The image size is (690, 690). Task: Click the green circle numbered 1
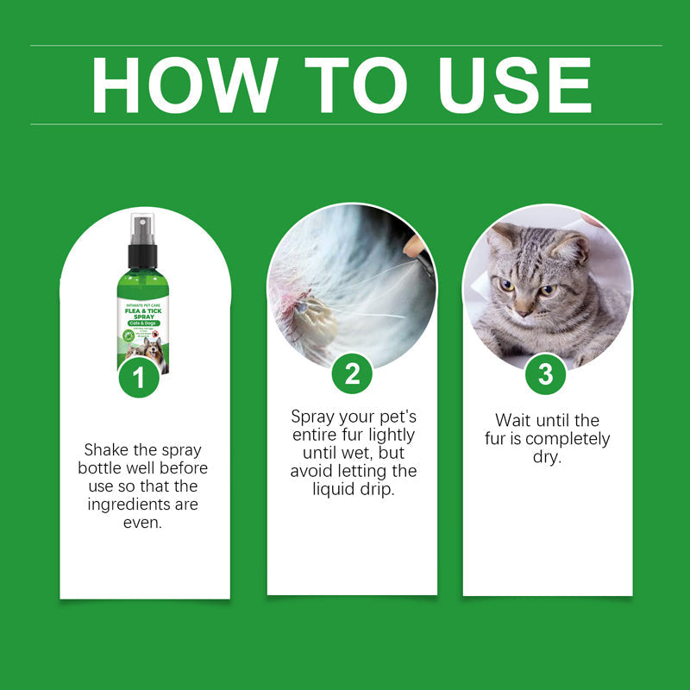(x=139, y=376)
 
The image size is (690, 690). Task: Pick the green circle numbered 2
(x=352, y=373)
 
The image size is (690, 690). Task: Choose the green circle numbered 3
(x=545, y=373)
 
